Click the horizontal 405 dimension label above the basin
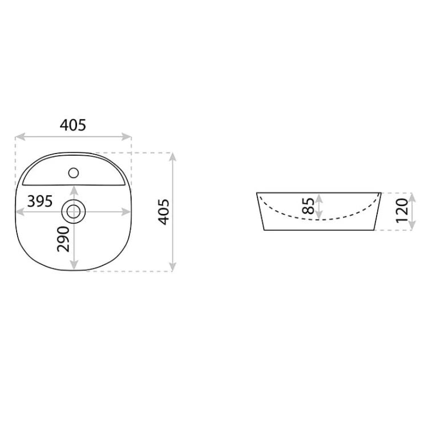pyautogui.click(x=73, y=126)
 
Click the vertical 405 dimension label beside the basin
pyautogui.click(x=164, y=212)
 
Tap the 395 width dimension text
pyautogui.click(x=40, y=201)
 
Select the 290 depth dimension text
pyautogui.click(x=63, y=239)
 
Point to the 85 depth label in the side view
pyautogui.click(x=308, y=206)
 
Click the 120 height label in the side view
pyautogui.click(x=402, y=211)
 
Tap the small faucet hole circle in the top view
pyautogui.click(x=74, y=173)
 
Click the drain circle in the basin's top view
pyautogui.click(x=74, y=212)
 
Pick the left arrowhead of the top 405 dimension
pyautogui.click(x=20, y=137)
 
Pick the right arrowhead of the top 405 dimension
pyautogui.click(x=127, y=137)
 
